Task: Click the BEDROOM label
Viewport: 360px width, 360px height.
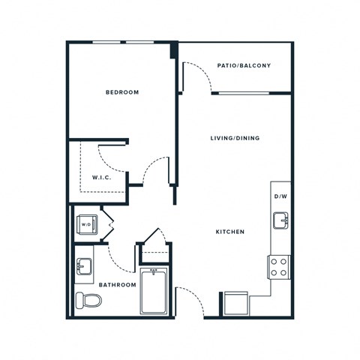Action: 122,92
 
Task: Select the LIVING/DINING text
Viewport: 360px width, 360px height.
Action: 234,139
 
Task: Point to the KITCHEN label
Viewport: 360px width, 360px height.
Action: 230,232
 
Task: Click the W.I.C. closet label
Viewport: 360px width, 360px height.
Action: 102,178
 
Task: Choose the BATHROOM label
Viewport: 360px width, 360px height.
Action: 118,285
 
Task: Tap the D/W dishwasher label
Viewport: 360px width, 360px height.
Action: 280,196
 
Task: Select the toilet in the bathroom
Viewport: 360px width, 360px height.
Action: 88,300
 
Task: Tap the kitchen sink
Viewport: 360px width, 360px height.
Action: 280,220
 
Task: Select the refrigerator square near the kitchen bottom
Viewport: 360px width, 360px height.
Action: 234,303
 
